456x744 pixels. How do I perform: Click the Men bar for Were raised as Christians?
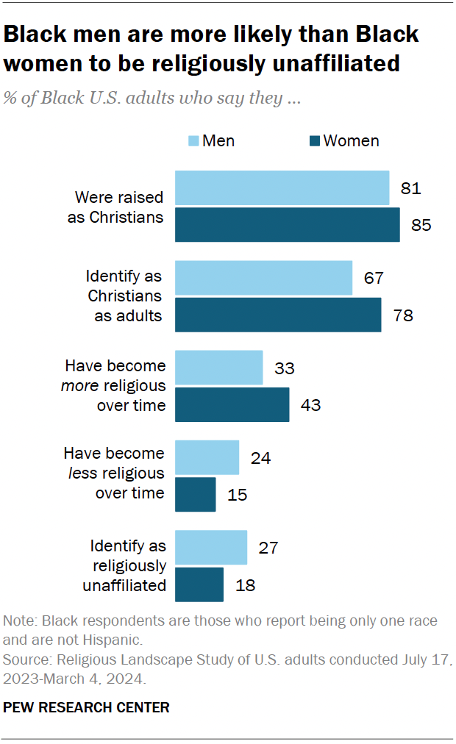click(282, 188)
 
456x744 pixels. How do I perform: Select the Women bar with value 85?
click(287, 224)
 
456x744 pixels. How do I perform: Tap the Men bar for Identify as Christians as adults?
click(263, 278)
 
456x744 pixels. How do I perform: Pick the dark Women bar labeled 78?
click(278, 315)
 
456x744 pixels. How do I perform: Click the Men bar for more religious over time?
click(218, 368)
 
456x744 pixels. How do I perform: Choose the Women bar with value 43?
click(232, 404)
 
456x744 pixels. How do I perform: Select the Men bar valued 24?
click(207, 457)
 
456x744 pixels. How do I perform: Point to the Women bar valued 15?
click(195, 494)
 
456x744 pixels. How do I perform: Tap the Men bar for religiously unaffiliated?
click(210, 548)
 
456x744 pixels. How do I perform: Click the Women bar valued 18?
click(199, 584)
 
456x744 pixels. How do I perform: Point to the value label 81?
click(410, 188)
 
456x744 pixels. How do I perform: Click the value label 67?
click(374, 278)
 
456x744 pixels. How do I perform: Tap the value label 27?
click(268, 548)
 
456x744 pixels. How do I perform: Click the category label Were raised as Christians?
click(118, 207)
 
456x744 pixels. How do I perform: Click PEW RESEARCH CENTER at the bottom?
click(87, 707)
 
